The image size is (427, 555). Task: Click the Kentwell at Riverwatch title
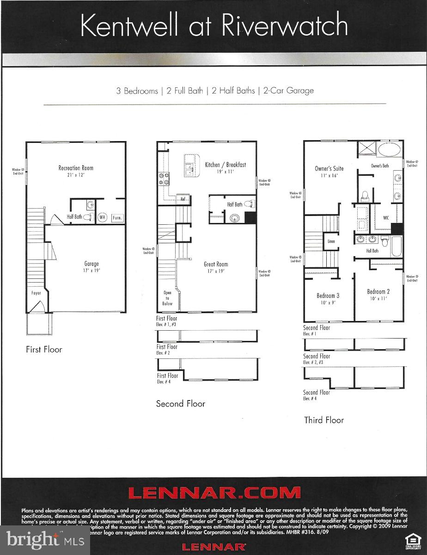[213, 25]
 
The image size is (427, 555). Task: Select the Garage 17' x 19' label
[91, 267]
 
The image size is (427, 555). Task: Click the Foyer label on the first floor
[36, 293]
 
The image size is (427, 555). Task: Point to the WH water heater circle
[102, 217]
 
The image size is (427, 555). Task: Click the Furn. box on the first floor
[117, 217]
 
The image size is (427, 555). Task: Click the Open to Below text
[167, 298]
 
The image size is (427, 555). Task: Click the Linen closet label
[331, 241]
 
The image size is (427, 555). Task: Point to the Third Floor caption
[324, 420]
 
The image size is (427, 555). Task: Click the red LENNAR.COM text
[214, 493]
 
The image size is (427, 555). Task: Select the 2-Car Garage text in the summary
[288, 91]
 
